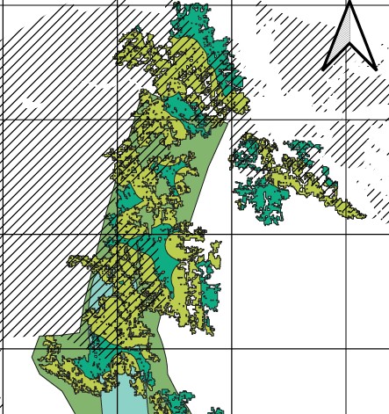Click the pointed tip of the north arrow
[x=350, y=4]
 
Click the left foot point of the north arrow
[x=324, y=69]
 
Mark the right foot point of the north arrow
[x=376, y=69]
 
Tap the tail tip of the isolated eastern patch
[x=363, y=215]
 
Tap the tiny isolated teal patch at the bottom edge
[x=213, y=410]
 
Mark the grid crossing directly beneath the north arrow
[x=347, y=120]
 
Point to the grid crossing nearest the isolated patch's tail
[x=347, y=235]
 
